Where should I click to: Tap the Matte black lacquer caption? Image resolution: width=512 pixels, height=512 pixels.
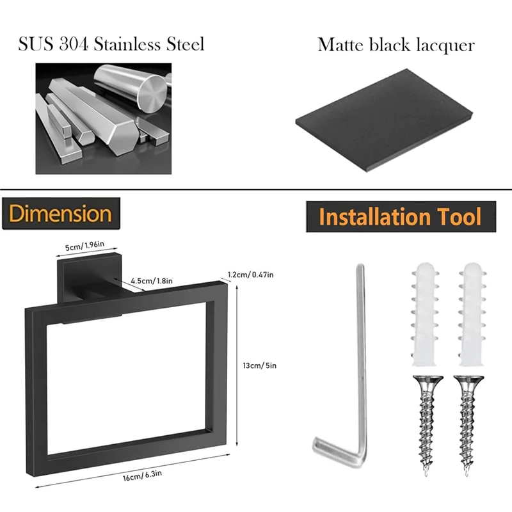[396, 45]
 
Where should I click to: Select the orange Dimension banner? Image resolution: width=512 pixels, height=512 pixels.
[61, 214]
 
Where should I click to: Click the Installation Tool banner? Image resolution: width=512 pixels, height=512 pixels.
[400, 217]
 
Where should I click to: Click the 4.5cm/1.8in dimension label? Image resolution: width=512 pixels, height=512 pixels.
[150, 281]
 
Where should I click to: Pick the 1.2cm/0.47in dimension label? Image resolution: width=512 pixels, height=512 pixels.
[251, 275]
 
